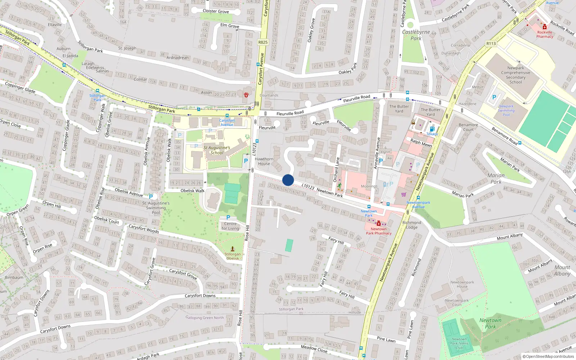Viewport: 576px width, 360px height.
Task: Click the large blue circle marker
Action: point(288,180)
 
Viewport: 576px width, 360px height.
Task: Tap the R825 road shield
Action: point(263,42)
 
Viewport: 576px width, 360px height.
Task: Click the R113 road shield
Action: point(491,44)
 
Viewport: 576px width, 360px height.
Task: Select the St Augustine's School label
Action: point(217,150)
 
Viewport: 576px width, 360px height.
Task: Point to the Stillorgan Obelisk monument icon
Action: point(233,249)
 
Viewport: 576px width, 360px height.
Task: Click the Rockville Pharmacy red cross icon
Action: point(545,27)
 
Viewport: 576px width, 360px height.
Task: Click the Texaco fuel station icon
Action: point(432,129)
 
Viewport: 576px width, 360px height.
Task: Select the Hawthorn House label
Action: point(264,161)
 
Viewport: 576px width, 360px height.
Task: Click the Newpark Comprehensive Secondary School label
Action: point(516,75)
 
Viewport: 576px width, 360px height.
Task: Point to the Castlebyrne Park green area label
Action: point(416,35)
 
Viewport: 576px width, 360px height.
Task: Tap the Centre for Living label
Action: point(230,226)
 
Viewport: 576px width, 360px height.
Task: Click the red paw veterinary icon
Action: point(246,95)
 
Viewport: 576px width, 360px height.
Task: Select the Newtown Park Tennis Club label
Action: point(459,343)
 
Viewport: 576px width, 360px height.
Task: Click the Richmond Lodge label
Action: point(411,225)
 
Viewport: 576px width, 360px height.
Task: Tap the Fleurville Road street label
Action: point(290,113)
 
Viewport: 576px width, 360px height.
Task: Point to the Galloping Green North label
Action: point(204,318)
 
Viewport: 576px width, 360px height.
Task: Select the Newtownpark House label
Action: point(462,284)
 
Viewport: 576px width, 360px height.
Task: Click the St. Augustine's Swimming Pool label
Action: point(156,208)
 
